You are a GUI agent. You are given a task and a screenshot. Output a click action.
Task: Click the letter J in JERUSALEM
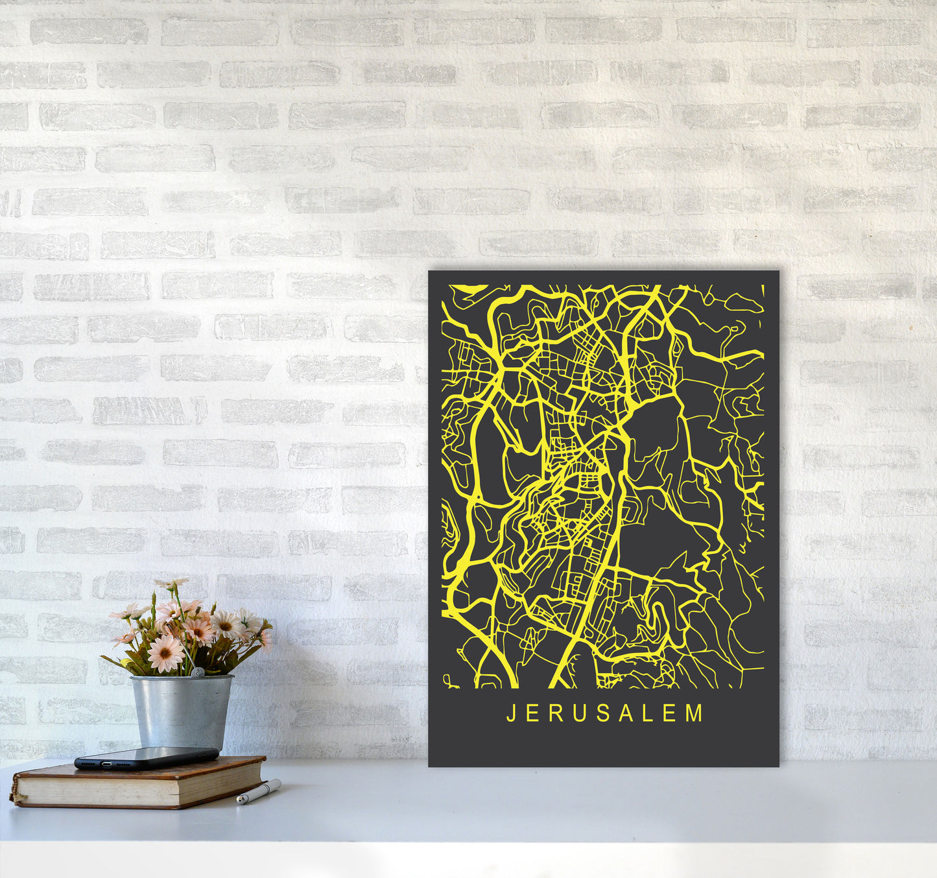(510, 713)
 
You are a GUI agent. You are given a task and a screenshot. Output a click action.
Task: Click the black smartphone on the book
(146, 757)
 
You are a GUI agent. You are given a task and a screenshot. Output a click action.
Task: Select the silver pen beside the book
(258, 792)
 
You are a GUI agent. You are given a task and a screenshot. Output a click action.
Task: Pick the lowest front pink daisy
(165, 653)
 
